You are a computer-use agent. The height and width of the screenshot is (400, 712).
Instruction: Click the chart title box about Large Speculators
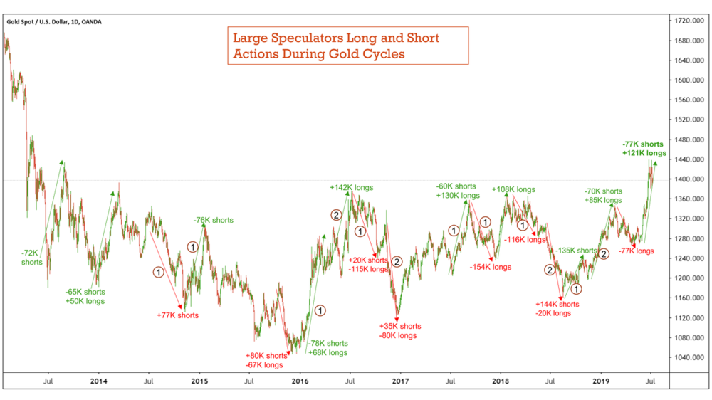click(347, 46)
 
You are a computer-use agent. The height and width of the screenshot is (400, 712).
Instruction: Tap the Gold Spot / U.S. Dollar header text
click(54, 22)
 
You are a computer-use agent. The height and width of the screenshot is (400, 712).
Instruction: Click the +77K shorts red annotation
click(177, 315)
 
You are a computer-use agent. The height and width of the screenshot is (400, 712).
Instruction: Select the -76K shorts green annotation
click(213, 221)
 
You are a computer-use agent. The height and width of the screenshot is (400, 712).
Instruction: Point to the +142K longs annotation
click(351, 188)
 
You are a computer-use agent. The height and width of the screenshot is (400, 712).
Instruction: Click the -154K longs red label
click(491, 267)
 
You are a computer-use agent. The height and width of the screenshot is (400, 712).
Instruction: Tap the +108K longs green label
click(513, 190)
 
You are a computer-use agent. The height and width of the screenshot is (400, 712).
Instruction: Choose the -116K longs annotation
click(525, 240)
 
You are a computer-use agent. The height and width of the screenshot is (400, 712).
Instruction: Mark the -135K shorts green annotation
click(576, 251)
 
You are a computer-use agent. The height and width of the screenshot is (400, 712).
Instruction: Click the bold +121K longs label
click(644, 153)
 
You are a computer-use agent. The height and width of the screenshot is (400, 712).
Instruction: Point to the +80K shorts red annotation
click(266, 355)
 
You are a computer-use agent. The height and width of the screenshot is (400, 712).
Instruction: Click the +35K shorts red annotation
click(399, 326)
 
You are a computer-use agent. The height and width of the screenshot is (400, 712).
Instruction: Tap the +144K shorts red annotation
click(557, 304)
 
